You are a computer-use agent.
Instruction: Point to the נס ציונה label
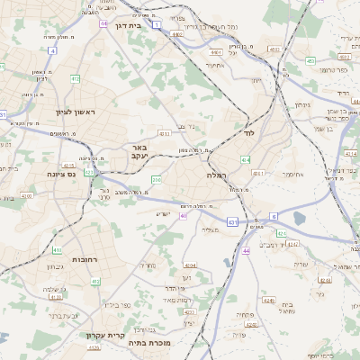point(64,175)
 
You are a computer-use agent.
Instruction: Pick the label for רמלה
point(220,175)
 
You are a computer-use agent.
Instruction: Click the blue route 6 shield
point(274,217)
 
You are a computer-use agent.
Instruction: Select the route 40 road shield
point(184,216)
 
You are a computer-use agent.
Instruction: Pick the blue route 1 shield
point(157,25)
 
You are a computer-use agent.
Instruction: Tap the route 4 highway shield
point(53,50)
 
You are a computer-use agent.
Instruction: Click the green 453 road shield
point(310,61)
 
